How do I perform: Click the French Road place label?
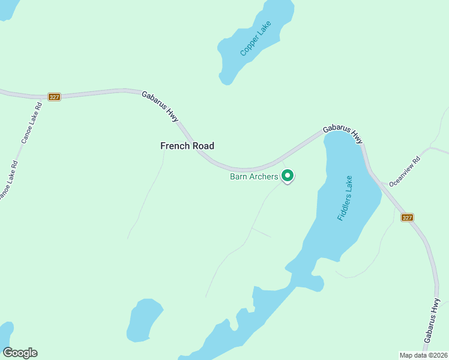187,146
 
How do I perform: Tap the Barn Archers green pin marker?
288,175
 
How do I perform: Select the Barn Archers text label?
254,176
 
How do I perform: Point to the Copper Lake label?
256,39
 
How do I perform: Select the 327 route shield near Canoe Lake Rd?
54,97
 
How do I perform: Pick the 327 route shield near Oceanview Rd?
408,217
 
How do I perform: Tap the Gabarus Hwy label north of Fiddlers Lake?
343,133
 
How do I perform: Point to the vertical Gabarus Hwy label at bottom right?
432,322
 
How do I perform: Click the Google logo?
20,353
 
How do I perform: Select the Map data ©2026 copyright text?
424,355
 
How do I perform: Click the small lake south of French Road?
144,319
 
